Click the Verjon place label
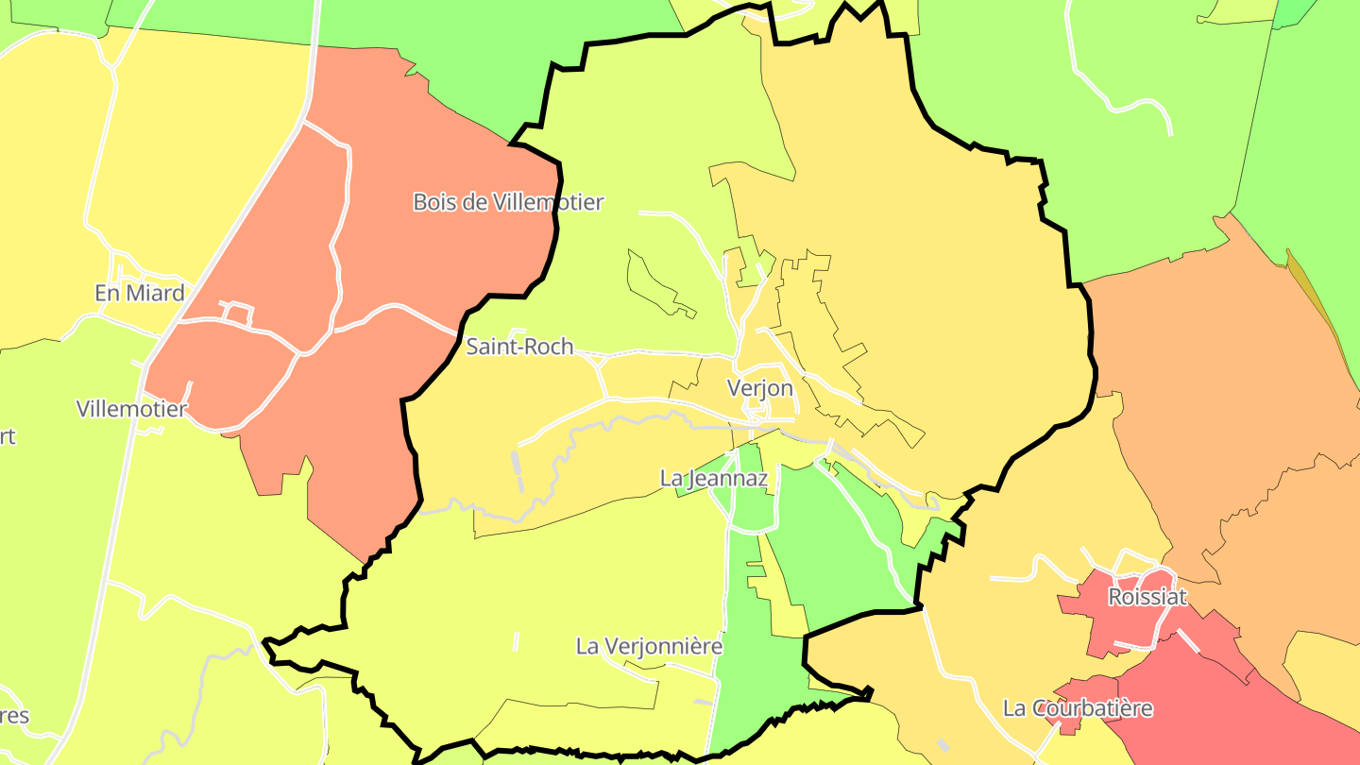759,388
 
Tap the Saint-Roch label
519,347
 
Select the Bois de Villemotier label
508,201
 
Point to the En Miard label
140,293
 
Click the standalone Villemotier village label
132,409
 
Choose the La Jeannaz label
714,479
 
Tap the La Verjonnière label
649,646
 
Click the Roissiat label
1147,597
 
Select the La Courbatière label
1078,707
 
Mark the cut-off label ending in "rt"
7,436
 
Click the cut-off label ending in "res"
13,715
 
